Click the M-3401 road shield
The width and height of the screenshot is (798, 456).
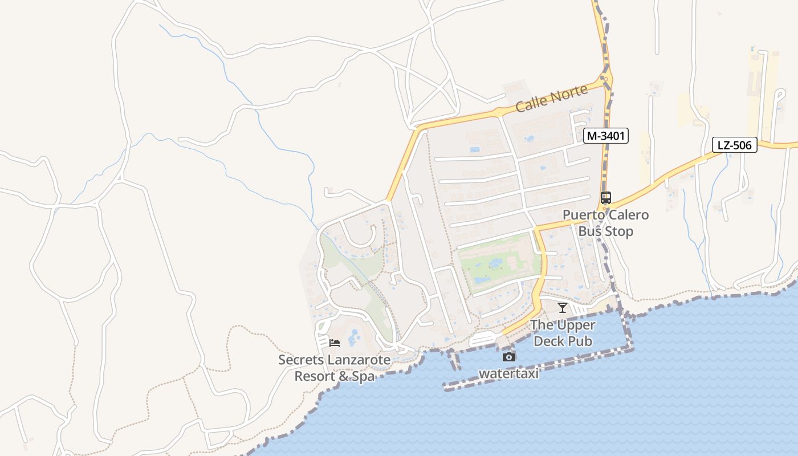(x=605, y=136)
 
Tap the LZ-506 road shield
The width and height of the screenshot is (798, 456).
(x=734, y=145)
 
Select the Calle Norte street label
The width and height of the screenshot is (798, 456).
(x=551, y=99)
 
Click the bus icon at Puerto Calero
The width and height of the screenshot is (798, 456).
(x=605, y=198)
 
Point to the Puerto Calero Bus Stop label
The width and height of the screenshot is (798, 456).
(x=605, y=223)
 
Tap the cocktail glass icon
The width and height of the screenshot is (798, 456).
(x=563, y=308)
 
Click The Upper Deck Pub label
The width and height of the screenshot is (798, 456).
(x=563, y=333)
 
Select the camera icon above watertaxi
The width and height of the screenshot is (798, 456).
(x=509, y=357)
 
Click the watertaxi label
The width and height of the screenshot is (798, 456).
(x=508, y=373)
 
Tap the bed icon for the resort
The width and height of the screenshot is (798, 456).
(x=335, y=343)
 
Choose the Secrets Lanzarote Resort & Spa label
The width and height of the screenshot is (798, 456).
(x=334, y=368)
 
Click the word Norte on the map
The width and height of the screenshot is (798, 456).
(x=567, y=94)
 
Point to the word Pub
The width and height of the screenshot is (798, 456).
(x=581, y=341)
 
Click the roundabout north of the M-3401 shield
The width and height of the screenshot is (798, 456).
(x=605, y=79)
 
